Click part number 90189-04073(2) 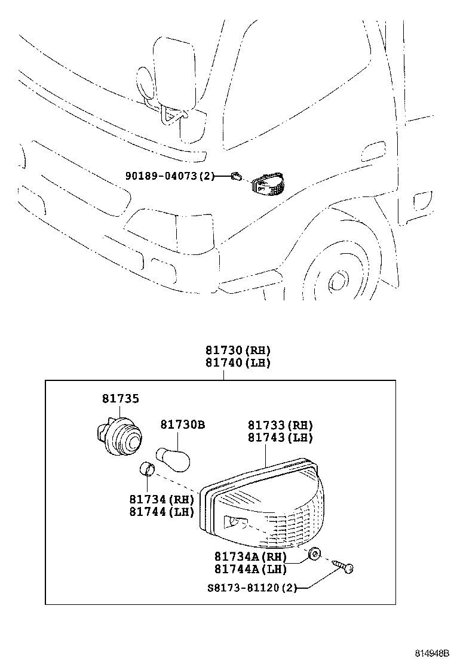click(168, 176)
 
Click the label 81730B click(182, 425)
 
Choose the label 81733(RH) click(280, 426)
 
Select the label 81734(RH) click(161, 499)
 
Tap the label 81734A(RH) click(251, 557)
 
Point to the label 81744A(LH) click(251, 568)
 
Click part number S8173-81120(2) click(250, 588)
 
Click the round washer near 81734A click(313, 555)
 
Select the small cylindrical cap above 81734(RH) click(146, 469)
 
